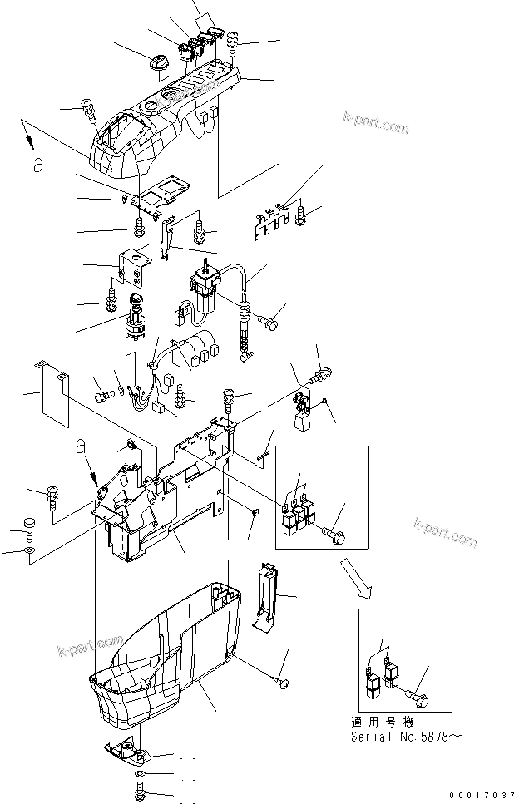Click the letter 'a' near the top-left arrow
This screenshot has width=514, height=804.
point(37,165)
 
